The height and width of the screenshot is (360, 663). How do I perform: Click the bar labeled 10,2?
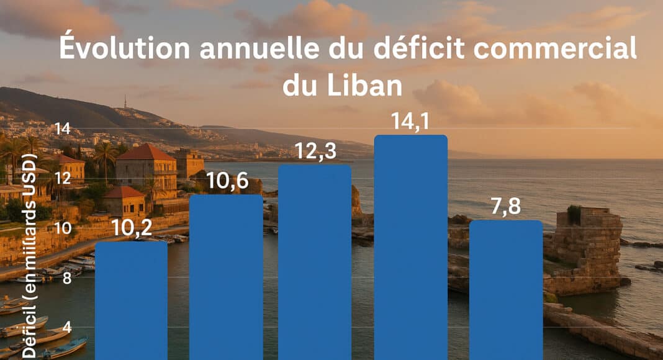[x=131, y=301]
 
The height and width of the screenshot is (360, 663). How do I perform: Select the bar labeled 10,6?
[x=226, y=277]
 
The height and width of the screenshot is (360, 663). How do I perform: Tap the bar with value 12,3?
[x=315, y=262]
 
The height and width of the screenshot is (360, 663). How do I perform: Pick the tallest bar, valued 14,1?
[x=410, y=248]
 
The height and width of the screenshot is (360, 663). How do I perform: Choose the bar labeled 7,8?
[x=506, y=290]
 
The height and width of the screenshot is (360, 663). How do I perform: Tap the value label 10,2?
[x=131, y=228]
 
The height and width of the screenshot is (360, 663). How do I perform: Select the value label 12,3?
[x=315, y=151]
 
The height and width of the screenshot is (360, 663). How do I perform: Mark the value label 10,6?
[x=226, y=182]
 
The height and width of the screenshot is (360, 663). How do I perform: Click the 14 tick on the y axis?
[x=62, y=129]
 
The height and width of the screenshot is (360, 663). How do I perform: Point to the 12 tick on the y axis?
[x=62, y=179]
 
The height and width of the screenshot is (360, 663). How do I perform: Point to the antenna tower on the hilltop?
[x=125, y=101]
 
